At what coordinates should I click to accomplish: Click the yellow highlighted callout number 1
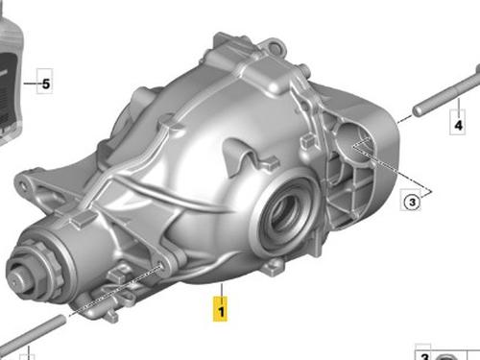coord(221,309)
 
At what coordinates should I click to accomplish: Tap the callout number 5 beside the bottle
coord(46,84)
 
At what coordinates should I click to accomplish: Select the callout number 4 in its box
coord(458,125)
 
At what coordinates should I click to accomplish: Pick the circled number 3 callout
coord(412,202)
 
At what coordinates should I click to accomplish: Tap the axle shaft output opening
coord(286,213)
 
